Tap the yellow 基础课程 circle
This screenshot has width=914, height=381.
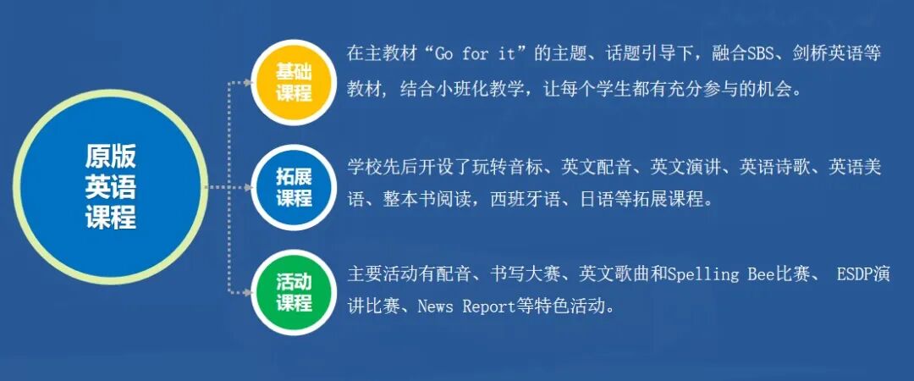click(294, 82)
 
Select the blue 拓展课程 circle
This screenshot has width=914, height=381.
click(294, 187)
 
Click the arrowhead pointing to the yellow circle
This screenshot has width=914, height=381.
click(246, 82)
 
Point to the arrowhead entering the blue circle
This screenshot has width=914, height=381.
click(246, 187)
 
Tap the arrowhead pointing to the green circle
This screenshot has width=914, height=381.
click(246, 292)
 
